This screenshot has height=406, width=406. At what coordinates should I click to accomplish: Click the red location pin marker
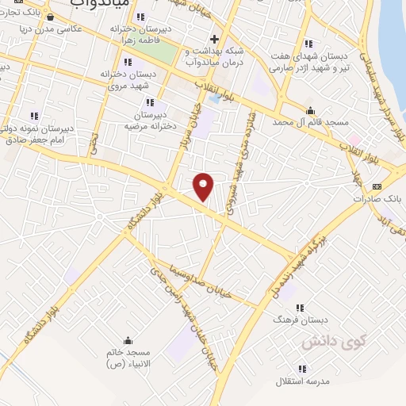[204, 186]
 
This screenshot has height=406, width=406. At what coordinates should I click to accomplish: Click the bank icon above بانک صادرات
[376, 186]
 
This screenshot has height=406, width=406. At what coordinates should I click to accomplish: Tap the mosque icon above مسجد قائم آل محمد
[309, 110]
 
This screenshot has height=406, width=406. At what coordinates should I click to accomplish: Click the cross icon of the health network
[214, 38]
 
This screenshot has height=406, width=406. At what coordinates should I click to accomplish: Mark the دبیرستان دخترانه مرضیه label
[151, 120]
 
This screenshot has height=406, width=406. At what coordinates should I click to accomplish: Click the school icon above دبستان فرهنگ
[301, 305]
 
